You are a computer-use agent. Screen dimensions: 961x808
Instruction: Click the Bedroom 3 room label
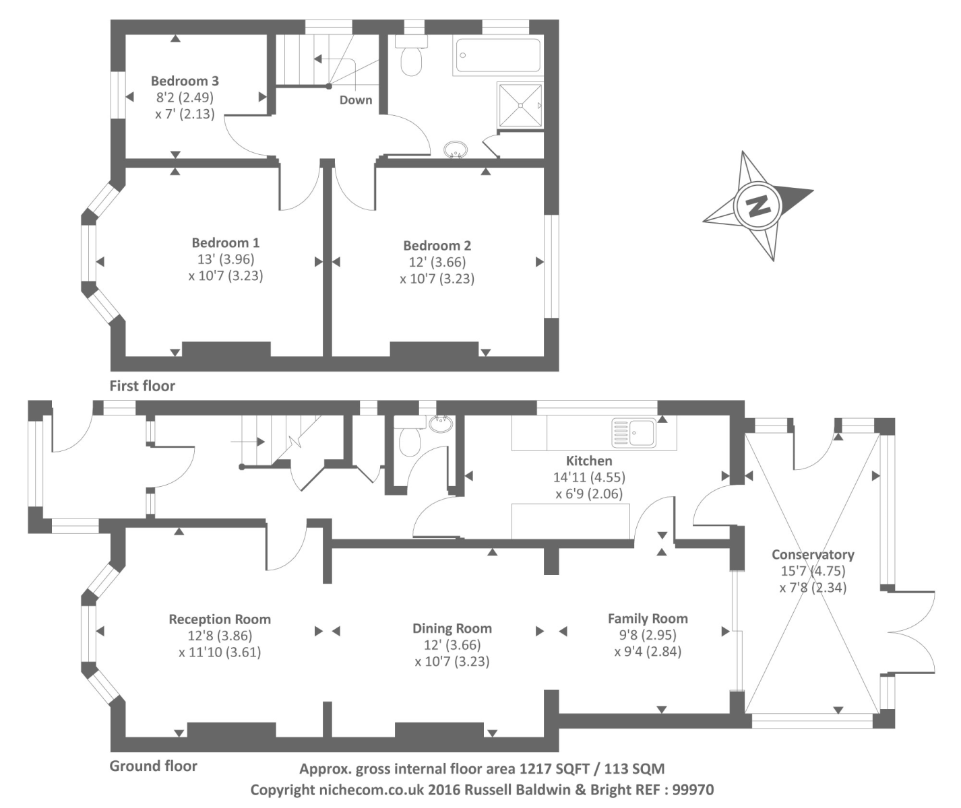(x=185, y=81)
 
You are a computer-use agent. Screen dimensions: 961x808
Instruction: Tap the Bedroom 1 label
(x=225, y=242)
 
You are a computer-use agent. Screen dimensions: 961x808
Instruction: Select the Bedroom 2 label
(x=437, y=246)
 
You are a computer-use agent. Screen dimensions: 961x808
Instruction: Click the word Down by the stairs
(x=355, y=100)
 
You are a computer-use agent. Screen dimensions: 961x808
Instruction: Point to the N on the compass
(x=759, y=205)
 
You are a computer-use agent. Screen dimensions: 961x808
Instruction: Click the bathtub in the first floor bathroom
(x=498, y=55)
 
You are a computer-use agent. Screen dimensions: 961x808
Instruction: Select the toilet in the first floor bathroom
(x=410, y=57)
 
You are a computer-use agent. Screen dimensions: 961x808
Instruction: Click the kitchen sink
(x=633, y=433)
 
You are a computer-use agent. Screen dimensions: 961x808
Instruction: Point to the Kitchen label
(x=588, y=461)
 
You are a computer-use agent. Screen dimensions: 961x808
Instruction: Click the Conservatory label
(x=813, y=555)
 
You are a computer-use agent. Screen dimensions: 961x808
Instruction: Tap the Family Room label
(x=648, y=618)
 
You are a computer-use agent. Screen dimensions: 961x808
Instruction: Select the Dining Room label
(x=452, y=628)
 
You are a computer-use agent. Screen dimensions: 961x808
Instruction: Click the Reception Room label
(x=220, y=619)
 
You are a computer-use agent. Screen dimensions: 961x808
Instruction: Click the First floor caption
(x=142, y=386)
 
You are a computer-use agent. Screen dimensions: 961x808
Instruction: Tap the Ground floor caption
(x=153, y=766)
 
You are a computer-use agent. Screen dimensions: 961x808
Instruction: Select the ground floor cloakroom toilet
(x=410, y=441)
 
